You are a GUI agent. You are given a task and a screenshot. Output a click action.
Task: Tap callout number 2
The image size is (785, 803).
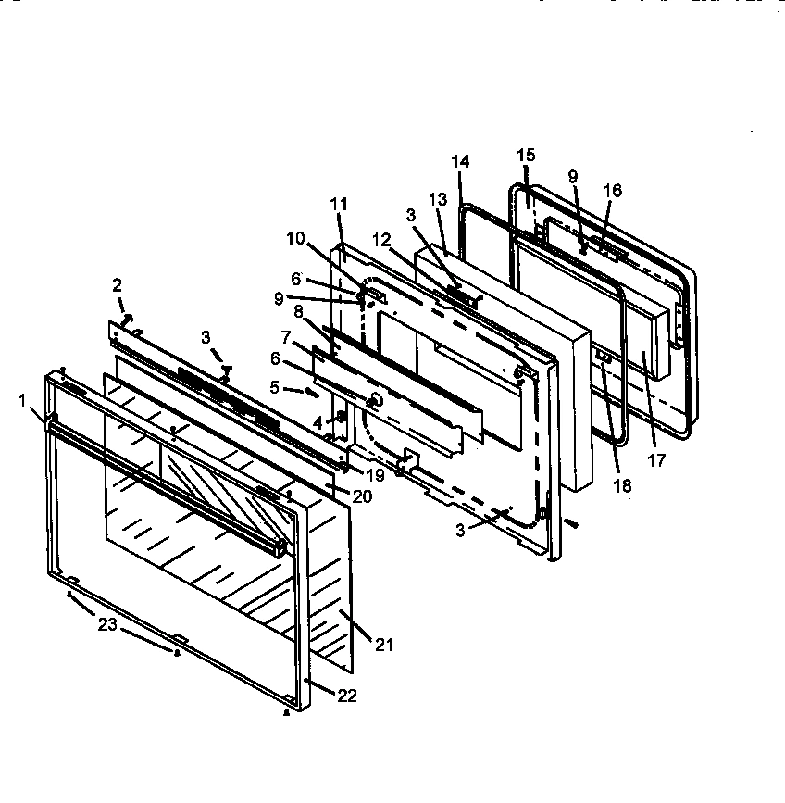[118, 284]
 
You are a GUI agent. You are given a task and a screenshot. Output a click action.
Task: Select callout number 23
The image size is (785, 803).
[108, 625]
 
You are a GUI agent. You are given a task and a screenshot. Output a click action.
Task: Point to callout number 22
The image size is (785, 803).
[344, 696]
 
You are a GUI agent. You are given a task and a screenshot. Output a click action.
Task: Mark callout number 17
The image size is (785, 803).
[656, 460]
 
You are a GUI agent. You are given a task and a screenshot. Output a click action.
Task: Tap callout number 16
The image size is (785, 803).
[613, 191]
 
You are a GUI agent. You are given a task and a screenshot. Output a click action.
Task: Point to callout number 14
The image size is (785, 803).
[460, 161]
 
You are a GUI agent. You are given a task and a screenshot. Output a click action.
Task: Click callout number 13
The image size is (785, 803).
[437, 199]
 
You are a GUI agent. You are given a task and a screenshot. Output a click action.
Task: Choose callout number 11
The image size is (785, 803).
[340, 203]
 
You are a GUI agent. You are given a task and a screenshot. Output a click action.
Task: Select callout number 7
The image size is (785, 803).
[288, 336]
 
